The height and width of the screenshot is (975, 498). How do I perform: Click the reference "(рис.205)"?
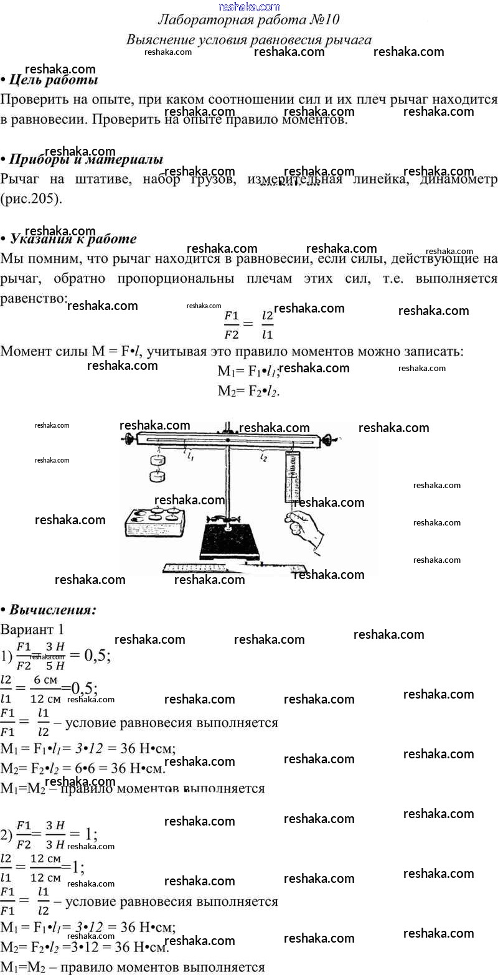(32, 199)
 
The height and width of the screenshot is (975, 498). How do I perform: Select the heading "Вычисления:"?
(53, 610)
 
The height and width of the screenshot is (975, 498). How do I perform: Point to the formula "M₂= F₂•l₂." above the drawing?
(248, 391)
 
